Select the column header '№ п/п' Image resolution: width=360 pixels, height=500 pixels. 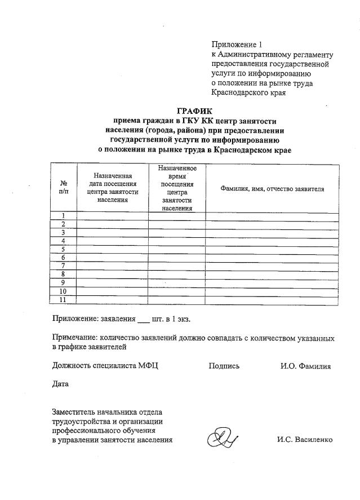pos(64,188)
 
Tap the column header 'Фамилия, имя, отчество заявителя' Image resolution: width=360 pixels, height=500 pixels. pos(272,188)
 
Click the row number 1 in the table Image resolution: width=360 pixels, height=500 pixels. pos(64,216)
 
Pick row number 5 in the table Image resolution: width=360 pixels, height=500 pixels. pos(64,249)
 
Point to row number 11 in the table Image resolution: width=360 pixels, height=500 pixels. pos(64,300)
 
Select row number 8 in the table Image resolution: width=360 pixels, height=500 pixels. pos(64,275)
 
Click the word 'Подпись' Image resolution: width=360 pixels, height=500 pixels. pos(224,366)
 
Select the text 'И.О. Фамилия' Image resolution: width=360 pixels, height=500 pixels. pos(305,366)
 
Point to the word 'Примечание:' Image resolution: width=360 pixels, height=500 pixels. pos(75,338)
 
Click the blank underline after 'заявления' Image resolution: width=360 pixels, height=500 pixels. pos(143,320)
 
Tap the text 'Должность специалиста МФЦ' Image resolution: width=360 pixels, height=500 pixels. pos(105,366)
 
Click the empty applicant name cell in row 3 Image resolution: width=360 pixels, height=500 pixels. pos(272,232)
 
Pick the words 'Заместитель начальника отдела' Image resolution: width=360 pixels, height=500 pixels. pos(108,411)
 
